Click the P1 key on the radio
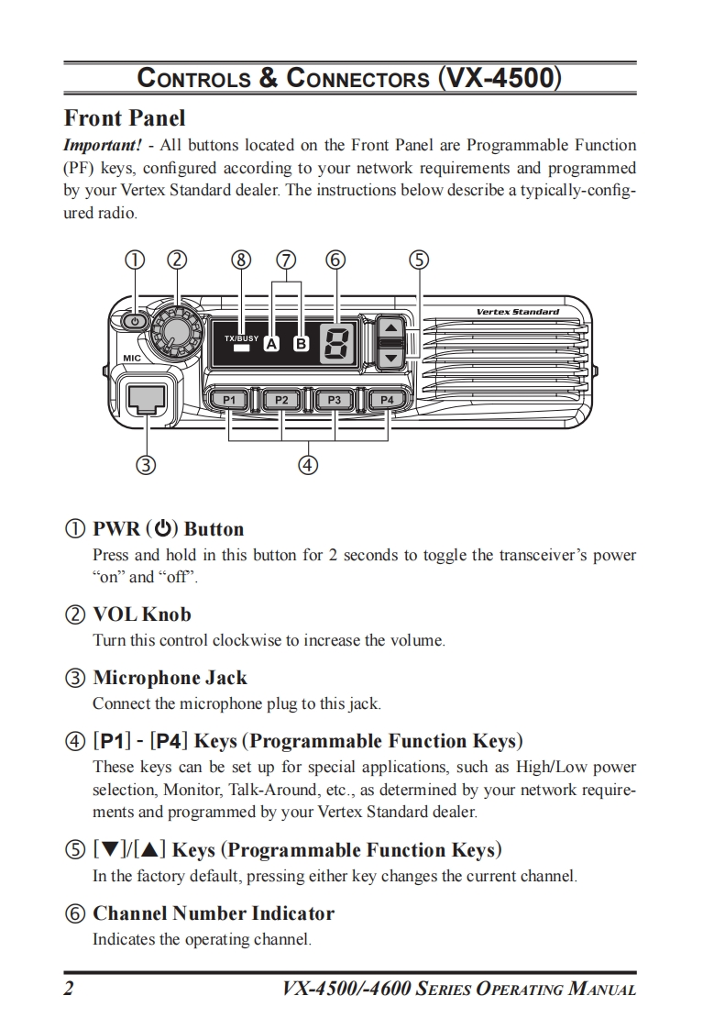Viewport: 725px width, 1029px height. pyautogui.click(x=229, y=400)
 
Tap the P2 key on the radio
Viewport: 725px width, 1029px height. pyautogui.click(x=281, y=400)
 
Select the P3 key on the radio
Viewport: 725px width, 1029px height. pyautogui.click(x=335, y=400)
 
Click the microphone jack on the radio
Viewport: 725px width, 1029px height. pyautogui.click(x=147, y=398)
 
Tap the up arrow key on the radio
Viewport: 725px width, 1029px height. pyautogui.click(x=390, y=327)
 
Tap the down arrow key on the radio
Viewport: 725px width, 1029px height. pyautogui.click(x=390, y=357)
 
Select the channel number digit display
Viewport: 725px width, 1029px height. pyautogui.click(x=335, y=345)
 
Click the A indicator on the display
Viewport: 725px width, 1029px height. pyautogui.click(x=271, y=345)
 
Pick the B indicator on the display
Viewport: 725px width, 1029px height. pyautogui.click(x=300, y=345)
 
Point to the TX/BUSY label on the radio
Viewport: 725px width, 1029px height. pyautogui.click(x=241, y=337)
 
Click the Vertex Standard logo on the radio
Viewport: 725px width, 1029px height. pyautogui.click(x=517, y=312)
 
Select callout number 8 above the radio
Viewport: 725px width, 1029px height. pyautogui.click(x=241, y=260)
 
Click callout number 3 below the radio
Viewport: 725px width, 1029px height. pyautogui.click(x=145, y=464)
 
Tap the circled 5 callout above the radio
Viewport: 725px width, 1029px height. pyautogui.click(x=418, y=260)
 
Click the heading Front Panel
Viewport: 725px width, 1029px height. pyautogui.click(x=125, y=118)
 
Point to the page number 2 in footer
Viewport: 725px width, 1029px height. pyautogui.click(x=69, y=989)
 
